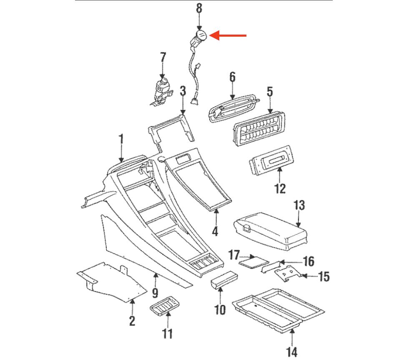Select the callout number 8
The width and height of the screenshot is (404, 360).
[x=199, y=7]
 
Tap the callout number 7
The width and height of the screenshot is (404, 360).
[x=163, y=57]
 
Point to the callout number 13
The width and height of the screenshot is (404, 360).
[x=299, y=205]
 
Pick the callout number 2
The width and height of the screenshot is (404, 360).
[x=132, y=321]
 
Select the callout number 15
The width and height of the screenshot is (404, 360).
[x=324, y=276]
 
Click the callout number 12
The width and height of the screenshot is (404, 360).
[x=280, y=188]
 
